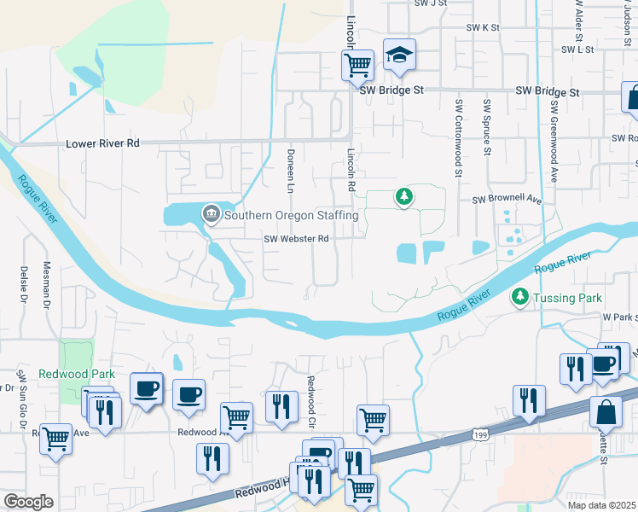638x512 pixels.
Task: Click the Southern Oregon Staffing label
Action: coord(291,215)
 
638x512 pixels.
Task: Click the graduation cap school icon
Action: coord(399,55)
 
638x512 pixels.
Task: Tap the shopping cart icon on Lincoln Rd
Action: coord(358,64)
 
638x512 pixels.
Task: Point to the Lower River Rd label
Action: coord(102,144)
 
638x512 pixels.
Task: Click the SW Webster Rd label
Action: coord(296,240)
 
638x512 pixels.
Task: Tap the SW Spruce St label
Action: coord(486,128)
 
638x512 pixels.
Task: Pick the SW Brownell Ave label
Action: coord(507,200)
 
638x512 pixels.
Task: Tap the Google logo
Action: coord(28,502)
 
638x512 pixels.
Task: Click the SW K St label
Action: coord(482,27)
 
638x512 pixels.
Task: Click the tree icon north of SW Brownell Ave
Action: coord(403,197)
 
